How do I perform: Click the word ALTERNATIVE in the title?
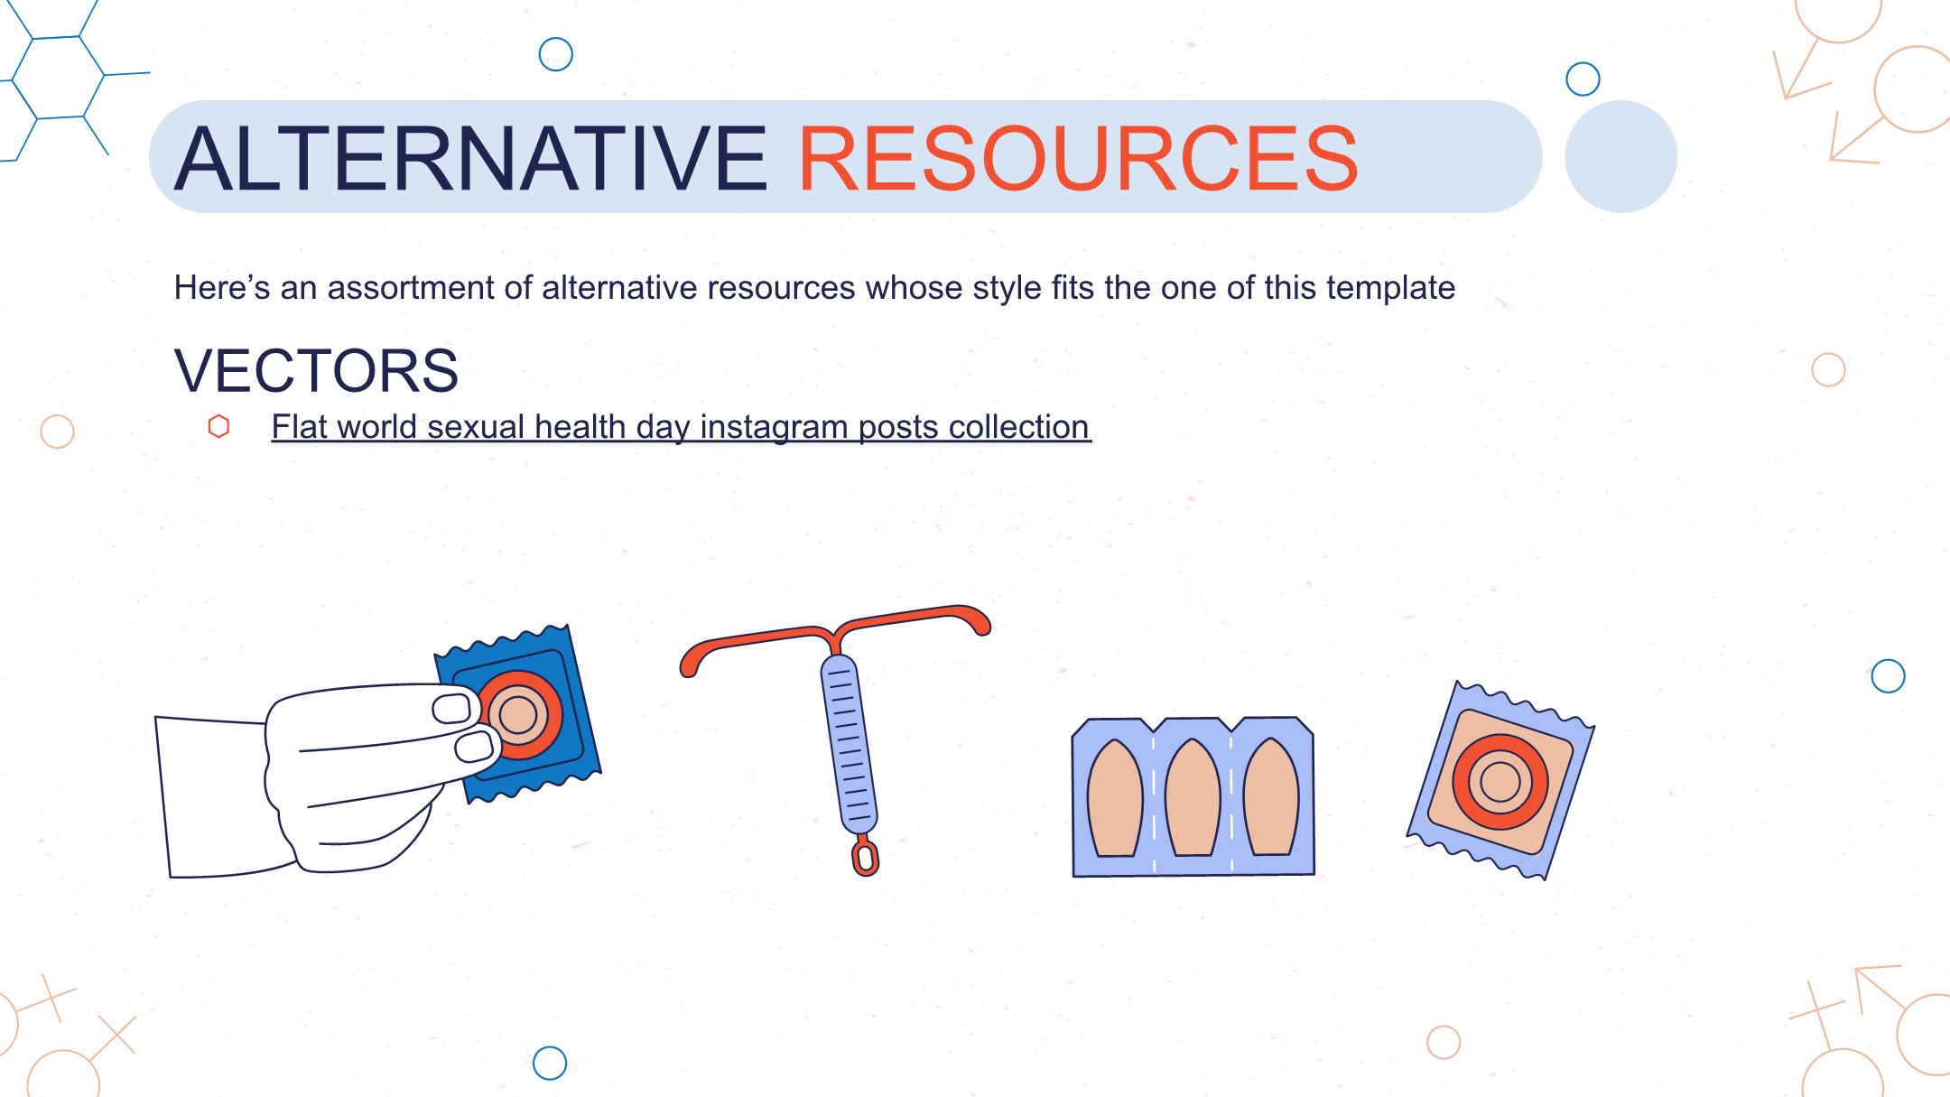(x=470, y=158)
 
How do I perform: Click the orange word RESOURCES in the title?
(x=1078, y=158)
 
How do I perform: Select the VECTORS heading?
(x=316, y=370)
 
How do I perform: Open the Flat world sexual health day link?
(x=681, y=427)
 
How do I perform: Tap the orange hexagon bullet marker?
(x=218, y=426)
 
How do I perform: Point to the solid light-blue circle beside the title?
(x=1620, y=156)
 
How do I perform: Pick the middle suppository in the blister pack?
(x=1193, y=797)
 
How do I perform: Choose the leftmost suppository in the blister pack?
(x=1115, y=797)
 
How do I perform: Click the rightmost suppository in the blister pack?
(x=1271, y=797)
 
